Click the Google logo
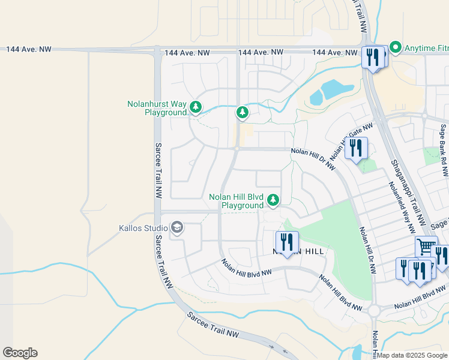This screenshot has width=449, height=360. click(x=20, y=353)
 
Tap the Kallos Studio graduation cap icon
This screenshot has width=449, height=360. click(x=177, y=227)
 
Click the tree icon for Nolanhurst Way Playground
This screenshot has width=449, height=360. click(x=196, y=107)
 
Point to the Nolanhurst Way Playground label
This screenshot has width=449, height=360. click(x=157, y=108)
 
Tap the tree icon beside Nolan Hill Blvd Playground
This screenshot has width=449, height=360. click(x=273, y=199)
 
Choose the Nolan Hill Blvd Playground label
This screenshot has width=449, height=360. click(x=236, y=201)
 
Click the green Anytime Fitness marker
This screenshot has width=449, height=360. click(x=396, y=46)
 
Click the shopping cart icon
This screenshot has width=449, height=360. click(x=426, y=246)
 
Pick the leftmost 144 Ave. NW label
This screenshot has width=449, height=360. click(x=29, y=49)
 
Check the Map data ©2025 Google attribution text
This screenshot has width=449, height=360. click(x=412, y=355)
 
